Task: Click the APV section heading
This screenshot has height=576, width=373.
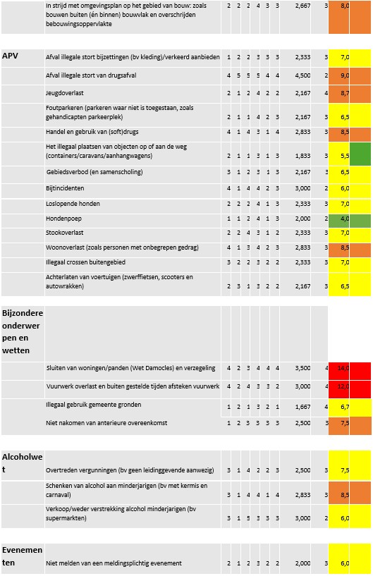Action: pos(11,56)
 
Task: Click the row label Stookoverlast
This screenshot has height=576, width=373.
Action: pos(65,232)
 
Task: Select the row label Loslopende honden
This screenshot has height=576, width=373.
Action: pos(73,204)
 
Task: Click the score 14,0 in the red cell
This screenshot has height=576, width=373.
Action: pos(344,368)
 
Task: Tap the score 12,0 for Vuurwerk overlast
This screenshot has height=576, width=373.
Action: pos(344,387)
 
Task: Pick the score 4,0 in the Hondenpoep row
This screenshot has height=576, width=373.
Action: pos(345,219)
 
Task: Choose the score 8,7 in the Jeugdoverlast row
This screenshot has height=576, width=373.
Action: pos(345,92)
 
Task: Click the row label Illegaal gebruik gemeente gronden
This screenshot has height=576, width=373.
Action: pos(93,405)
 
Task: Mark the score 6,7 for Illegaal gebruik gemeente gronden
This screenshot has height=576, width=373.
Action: pos(345,407)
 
